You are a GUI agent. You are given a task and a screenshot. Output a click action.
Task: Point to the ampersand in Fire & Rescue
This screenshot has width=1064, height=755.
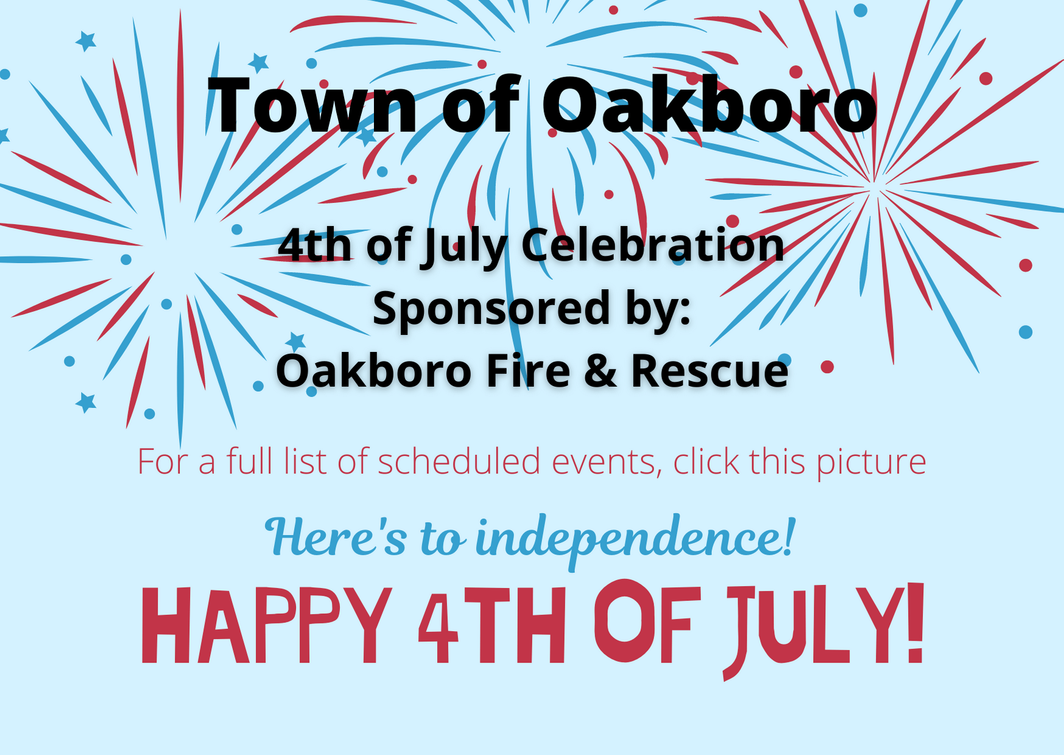click(600, 371)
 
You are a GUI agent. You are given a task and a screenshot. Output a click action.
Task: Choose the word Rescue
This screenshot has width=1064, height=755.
click(710, 371)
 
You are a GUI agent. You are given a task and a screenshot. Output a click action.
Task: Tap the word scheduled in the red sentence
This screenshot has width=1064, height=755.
click(459, 461)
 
